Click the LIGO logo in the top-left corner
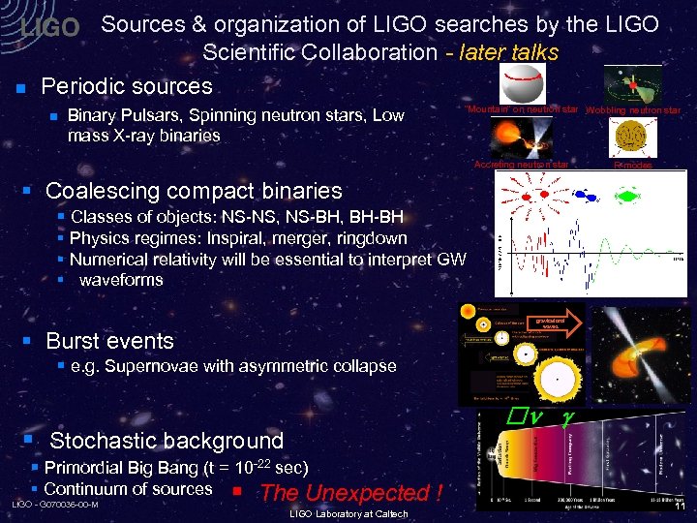pyautogui.click(x=49, y=28)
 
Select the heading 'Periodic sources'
pyautogui.click(x=126, y=86)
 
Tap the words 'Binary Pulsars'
pyautogui.click(x=121, y=115)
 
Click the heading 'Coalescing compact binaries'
pyautogui.click(x=194, y=191)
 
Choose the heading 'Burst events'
pyautogui.click(x=109, y=341)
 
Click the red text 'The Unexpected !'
pyautogui.click(x=350, y=492)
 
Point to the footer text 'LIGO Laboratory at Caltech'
pyautogui.click(x=348, y=513)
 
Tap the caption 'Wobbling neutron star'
pyautogui.click(x=633, y=110)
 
